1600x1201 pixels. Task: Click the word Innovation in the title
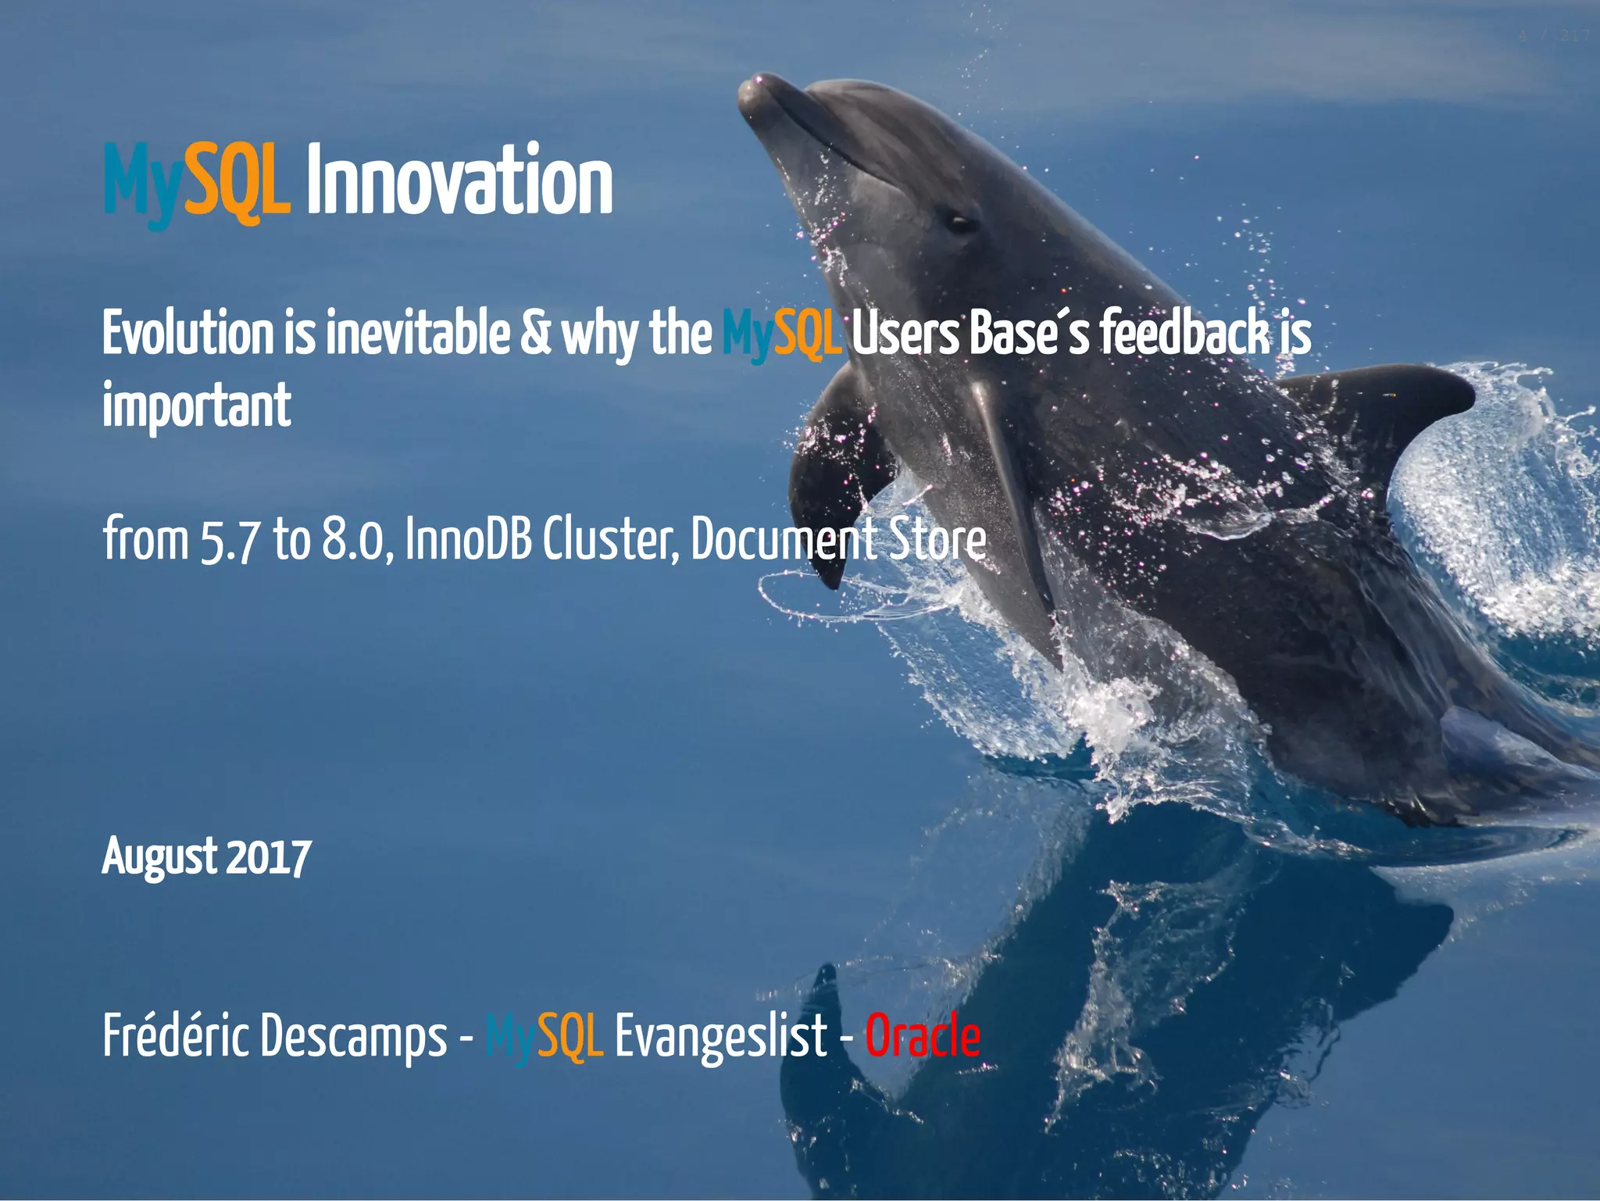tap(459, 181)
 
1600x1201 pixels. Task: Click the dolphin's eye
tap(960, 223)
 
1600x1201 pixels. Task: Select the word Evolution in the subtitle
tap(188, 334)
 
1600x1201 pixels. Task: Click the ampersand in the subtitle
tap(535, 334)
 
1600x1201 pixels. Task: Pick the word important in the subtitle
tap(196, 406)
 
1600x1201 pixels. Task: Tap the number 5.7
tap(228, 540)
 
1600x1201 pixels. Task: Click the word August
tap(159, 857)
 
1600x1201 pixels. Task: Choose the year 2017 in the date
tap(269, 857)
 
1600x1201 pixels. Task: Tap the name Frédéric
tap(177, 1036)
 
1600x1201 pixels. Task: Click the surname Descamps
tap(354, 1038)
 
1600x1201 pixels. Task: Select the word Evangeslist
tap(720, 1038)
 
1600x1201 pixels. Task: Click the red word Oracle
tap(922, 1036)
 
